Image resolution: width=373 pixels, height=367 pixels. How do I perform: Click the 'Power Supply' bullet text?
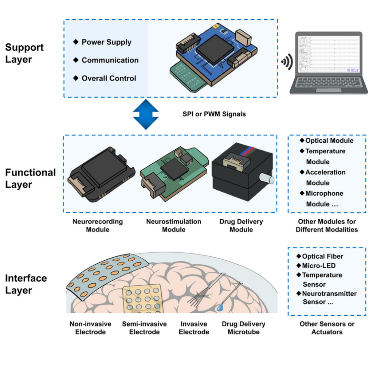click(x=106, y=42)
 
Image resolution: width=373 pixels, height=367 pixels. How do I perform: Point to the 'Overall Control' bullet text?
click(x=109, y=78)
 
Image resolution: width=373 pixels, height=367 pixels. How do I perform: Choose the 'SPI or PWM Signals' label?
click(x=214, y=114)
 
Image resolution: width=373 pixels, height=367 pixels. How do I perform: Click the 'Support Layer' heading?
click(x=24, y=53)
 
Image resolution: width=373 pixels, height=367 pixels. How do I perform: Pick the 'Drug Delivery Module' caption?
click(x=241, y=225)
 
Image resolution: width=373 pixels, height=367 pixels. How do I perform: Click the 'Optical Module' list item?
click(x=329, y=141)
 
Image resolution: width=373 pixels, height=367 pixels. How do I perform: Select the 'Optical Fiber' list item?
click(x=322, y=256)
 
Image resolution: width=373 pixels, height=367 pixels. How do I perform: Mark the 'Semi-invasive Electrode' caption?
click(x=144, y=328)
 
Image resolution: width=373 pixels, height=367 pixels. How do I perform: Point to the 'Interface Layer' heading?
click(x=26, y=284)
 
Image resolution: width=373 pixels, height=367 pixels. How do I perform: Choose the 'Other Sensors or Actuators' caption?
click(x=327, y=328)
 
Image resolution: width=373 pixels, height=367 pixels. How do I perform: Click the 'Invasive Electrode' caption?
click(x=194, y=328)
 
